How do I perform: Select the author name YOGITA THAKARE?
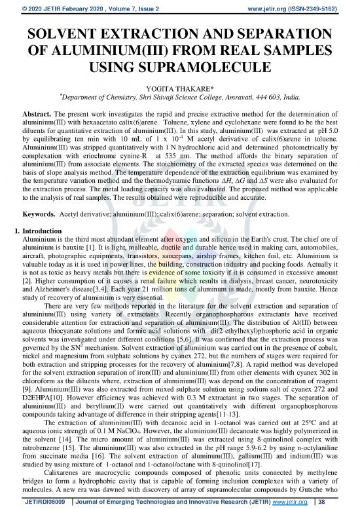tap(179, 94)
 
